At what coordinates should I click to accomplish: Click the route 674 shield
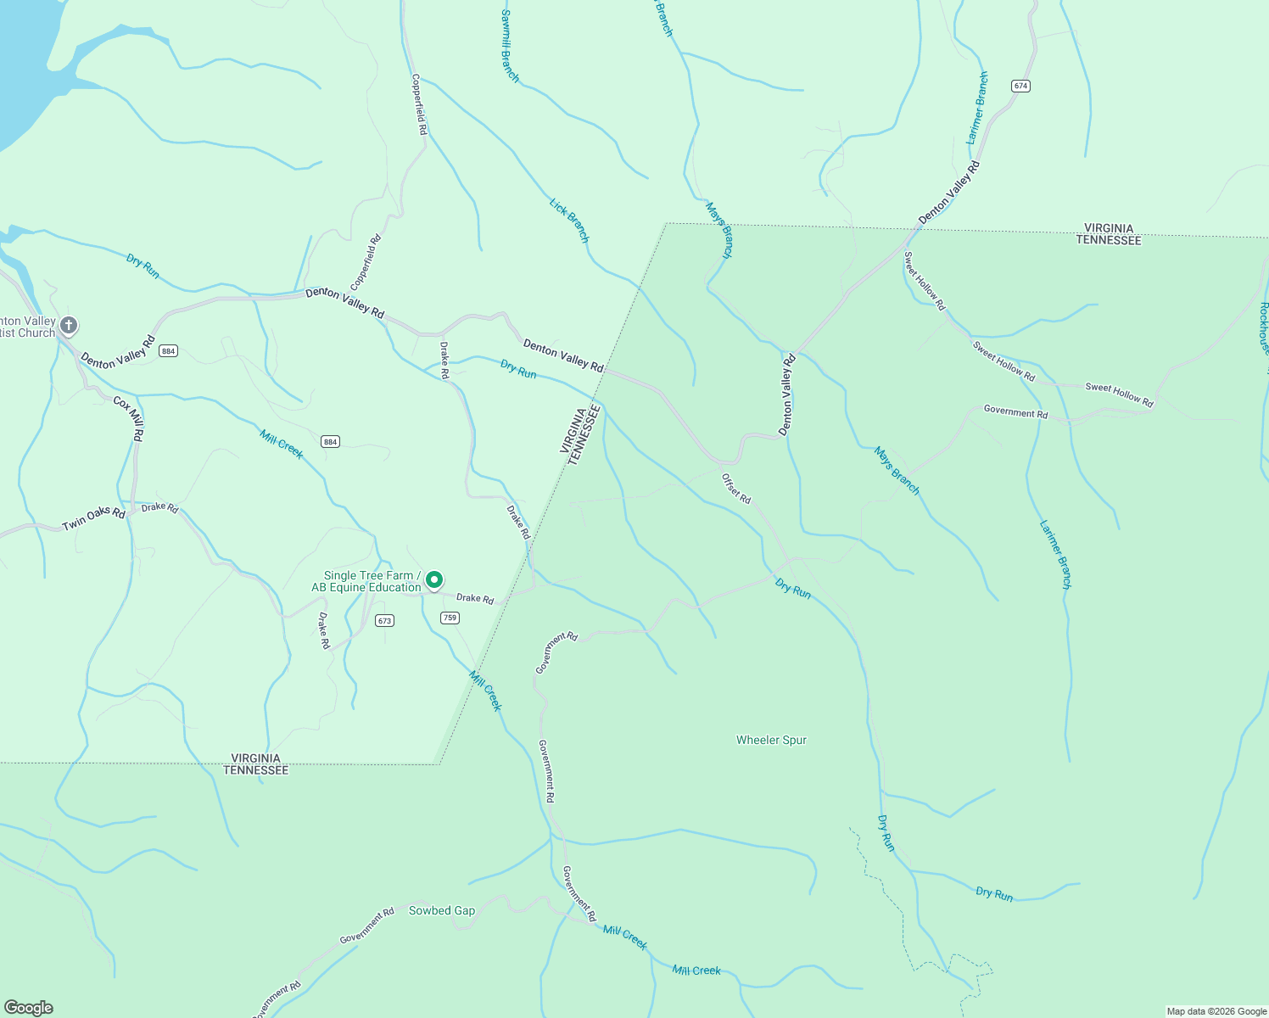1020,86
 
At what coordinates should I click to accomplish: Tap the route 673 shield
385,620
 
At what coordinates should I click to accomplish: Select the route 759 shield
450,618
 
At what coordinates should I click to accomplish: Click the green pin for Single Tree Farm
434,580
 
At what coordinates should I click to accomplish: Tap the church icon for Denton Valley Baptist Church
69,325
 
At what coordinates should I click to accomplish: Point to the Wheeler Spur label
771,740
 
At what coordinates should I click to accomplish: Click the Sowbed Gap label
442,910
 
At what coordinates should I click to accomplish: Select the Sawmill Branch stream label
510,46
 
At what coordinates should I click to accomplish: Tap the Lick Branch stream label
568,221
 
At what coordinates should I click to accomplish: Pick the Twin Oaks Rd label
93,519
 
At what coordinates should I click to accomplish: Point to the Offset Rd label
736,489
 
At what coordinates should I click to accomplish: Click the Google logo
29,1007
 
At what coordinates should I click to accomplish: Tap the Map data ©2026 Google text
1216,1011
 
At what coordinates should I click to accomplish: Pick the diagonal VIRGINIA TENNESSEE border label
581,433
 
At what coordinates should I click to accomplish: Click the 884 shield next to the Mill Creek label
330,441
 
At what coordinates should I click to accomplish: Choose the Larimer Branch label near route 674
977,108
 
